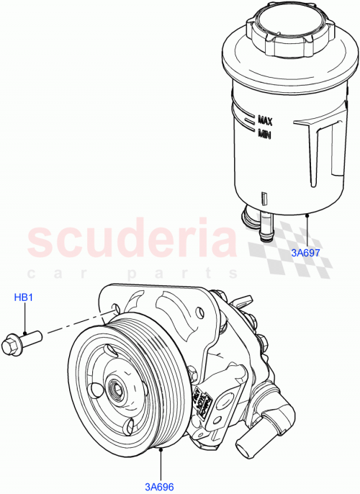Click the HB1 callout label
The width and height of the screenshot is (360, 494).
click(24, 297)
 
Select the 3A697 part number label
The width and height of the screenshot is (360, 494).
click(307, 253)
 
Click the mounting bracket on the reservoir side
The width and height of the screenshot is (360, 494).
click(320, 155)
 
